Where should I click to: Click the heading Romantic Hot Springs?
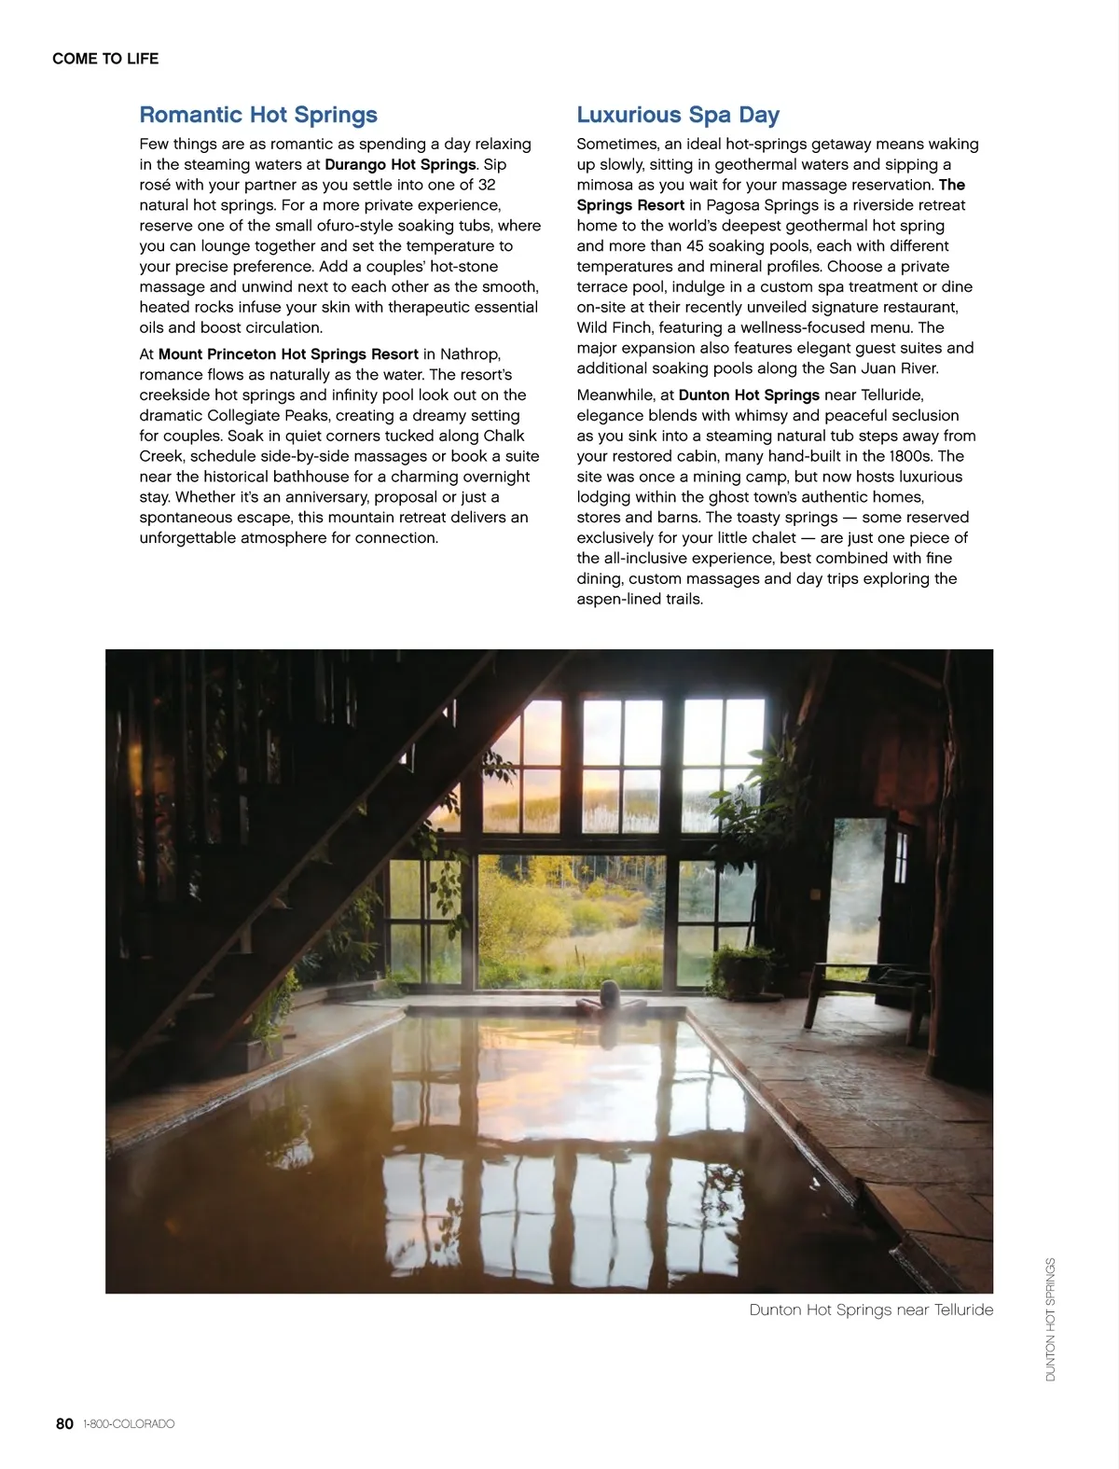tap(258, 115)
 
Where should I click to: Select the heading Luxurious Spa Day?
tap(678, 115)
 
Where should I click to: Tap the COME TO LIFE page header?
tap(105, 59)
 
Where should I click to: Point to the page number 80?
tap(64, 1423)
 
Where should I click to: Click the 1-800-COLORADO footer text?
tap(129, 1424)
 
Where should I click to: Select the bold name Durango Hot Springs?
tap(400, 164)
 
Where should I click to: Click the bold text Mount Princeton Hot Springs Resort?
tap(288, 354)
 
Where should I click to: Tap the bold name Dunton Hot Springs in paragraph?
tap(749, 395)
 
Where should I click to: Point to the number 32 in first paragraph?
tap(486, 185)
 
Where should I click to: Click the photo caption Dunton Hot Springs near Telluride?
tap(871, 1310)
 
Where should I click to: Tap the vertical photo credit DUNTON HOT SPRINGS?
tap(1051, 1319)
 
